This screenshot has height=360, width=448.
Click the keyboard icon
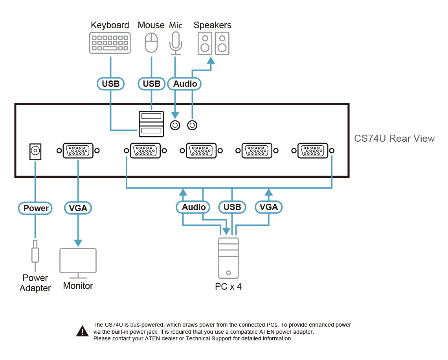click(x=110, y=43)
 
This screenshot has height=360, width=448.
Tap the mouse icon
click(x=151, y=42)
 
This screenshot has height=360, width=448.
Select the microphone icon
click(x=176, y=43)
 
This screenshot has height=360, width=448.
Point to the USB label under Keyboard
click(x=110, y=84)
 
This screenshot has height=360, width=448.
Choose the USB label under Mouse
click(x=151, y=84)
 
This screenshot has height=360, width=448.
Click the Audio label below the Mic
click(x=185, y=84)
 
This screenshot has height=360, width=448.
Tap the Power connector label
click(x=36, y=208)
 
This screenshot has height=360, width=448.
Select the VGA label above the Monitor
click(x=78, y=208)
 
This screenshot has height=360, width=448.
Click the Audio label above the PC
click(x=194, y=207)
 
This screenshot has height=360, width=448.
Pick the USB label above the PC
click(x=232, y=207)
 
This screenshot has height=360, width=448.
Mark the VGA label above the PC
click(x=269, y=207)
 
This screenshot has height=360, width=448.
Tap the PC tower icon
click(x=229, y=258)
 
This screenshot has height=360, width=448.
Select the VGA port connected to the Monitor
click(x=78, y=151)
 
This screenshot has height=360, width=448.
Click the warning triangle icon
click(x=82, y=331)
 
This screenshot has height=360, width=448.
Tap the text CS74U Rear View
click(x=394, y=139)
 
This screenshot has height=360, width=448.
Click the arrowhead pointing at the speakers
click(x=211, y=61)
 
